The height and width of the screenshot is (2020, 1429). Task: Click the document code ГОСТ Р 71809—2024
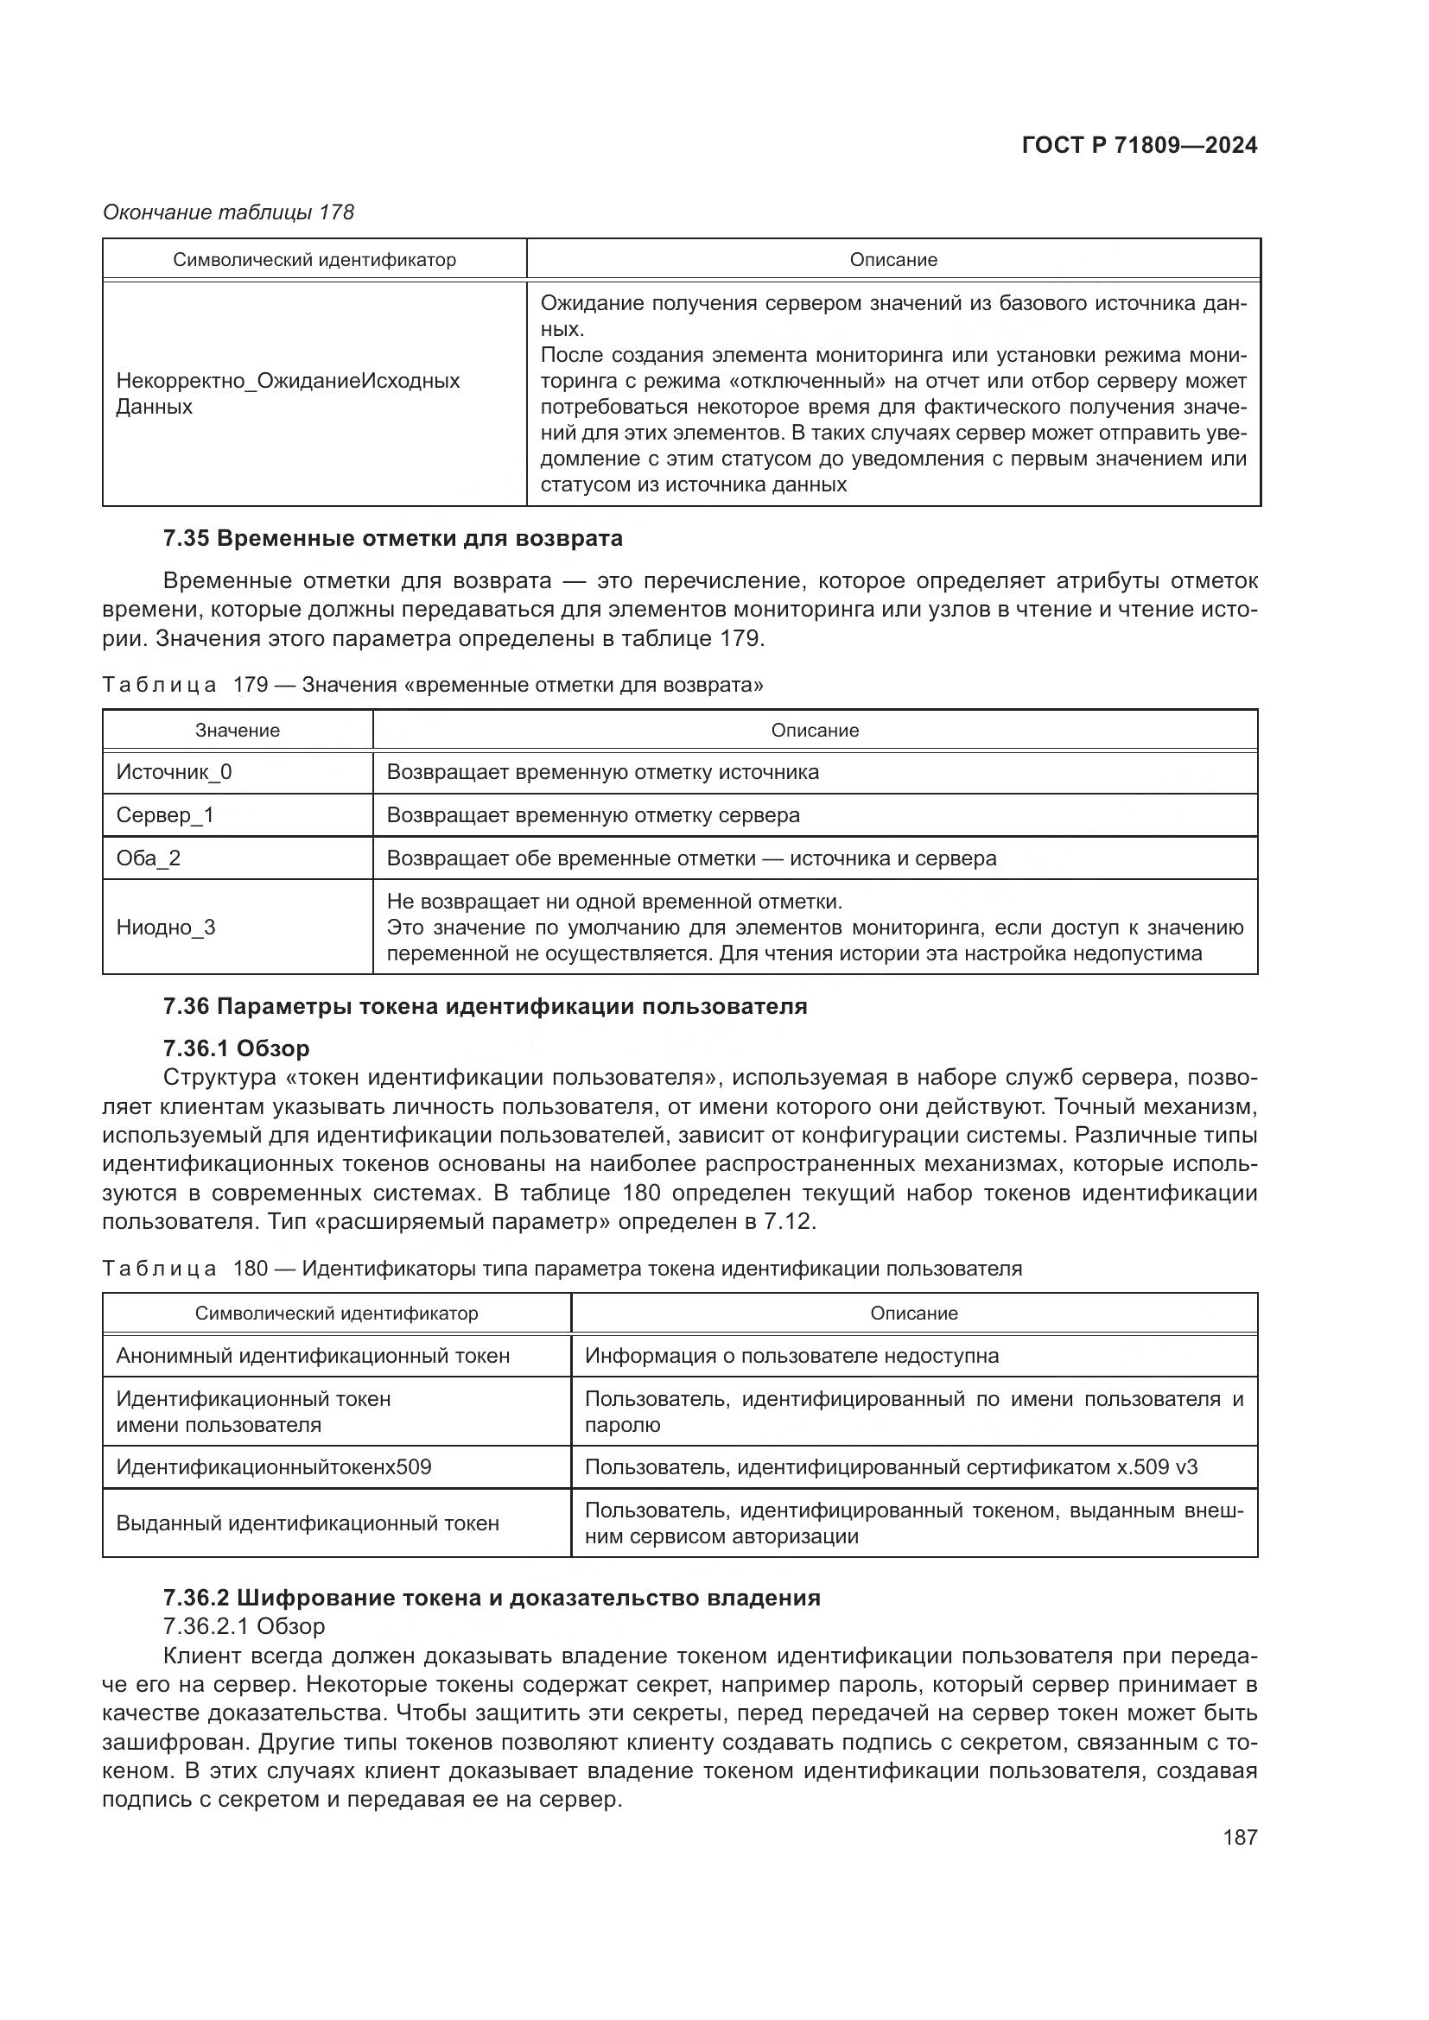(1139, 145)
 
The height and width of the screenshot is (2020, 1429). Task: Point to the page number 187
(1239, 1837)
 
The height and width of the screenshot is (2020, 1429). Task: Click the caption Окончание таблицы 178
(229, 212)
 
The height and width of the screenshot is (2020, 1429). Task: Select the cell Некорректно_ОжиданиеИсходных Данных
(288, 393)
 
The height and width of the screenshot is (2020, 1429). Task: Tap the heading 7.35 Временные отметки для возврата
(392, 537)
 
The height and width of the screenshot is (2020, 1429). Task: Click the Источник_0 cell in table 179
(175, 771)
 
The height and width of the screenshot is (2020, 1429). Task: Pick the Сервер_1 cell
(165, 814)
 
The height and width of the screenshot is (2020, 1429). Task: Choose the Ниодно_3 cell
(165, 928)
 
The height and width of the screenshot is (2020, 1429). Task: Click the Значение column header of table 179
(238, 731)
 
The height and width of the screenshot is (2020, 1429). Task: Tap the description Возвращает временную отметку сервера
(593, 814)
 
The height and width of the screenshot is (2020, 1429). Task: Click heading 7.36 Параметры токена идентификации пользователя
(485, 1005)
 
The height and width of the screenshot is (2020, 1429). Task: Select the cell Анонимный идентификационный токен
(313, 1355)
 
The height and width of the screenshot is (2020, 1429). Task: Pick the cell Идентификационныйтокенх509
(274, 1466)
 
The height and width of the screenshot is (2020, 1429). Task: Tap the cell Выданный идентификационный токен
(307, 1523)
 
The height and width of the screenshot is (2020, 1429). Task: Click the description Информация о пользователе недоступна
(791, 1355)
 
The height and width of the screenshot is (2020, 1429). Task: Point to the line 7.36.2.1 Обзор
(244, 1626)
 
